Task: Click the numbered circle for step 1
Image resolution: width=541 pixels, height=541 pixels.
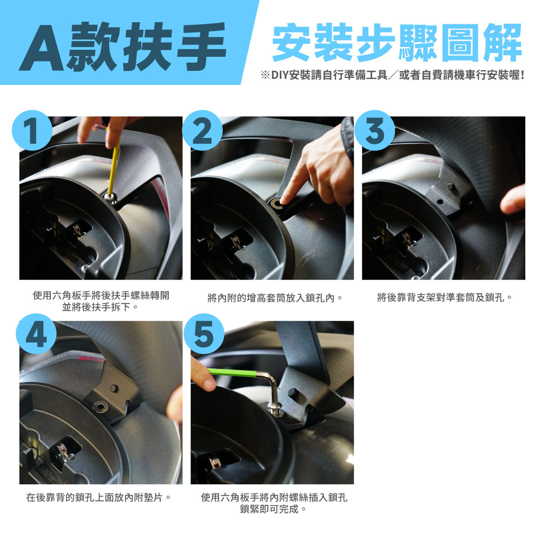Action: coord(32,130)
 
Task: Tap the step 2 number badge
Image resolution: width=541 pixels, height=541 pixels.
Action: coord(202,130)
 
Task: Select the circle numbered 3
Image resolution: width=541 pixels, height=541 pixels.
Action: coord(374,130)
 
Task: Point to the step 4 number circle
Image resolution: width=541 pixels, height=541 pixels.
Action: coord(36,334)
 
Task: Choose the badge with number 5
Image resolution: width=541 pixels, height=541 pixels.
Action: coord(204,334)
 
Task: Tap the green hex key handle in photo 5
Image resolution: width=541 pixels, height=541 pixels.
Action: coord(233,373)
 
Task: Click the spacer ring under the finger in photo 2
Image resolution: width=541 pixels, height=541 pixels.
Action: coord(276,203)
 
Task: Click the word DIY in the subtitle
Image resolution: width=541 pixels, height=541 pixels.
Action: coord(280,75)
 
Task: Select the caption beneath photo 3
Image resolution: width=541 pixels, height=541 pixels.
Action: coord(444,297)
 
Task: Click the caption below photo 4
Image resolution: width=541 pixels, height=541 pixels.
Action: coord(98,497)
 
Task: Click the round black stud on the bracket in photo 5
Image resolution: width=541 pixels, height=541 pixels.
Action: coord(293,393)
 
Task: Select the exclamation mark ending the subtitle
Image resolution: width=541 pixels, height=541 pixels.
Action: coord(523,75)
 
